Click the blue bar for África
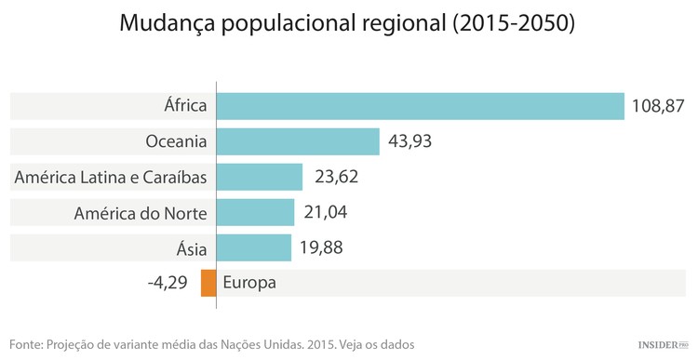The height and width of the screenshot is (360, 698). coord(420,105)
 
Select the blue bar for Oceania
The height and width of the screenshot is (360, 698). coord(298,141)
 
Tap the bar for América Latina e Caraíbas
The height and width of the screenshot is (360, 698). coord(260,177)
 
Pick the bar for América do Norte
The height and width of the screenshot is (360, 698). coord(255,212)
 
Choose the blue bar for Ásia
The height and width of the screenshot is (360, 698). coord(254,247)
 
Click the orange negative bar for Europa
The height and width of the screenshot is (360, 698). coord(208,283)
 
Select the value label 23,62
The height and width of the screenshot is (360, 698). coord(336,177)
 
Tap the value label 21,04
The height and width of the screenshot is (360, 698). coord(327,212)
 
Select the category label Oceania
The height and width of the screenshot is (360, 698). coord(176,141)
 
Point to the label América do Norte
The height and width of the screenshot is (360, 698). coord(141,213)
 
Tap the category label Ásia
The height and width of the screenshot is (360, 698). coord(192,248)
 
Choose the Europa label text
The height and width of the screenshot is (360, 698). coord(250,283)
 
